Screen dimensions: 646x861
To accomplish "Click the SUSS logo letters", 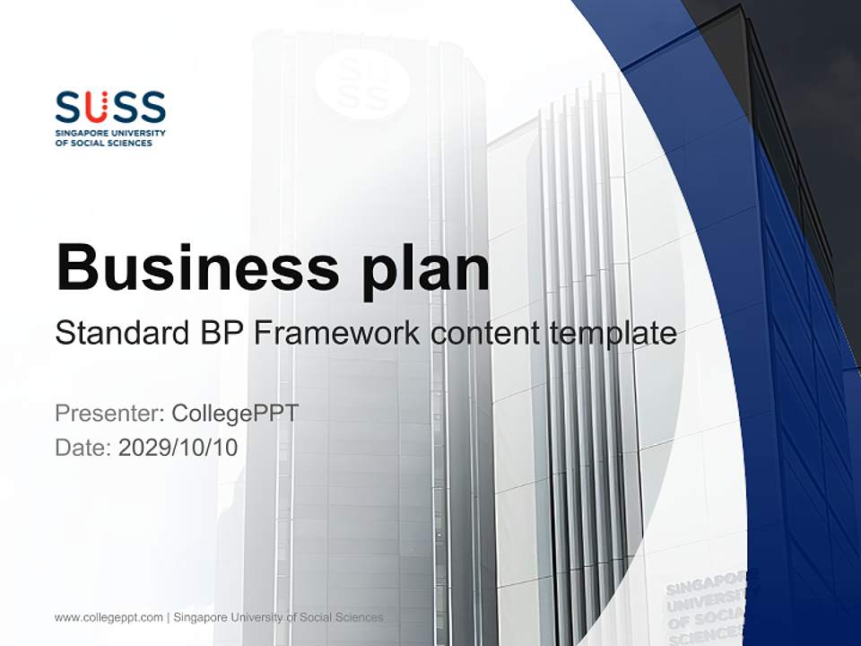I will pos(110,107).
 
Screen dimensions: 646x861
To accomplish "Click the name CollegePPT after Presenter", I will pos(234,414).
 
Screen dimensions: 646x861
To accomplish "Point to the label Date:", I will pos(83,448).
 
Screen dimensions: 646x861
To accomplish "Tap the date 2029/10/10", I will pos(178,448).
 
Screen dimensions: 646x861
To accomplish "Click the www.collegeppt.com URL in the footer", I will pos(109,617).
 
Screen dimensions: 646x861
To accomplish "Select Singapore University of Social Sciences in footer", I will pos(278,617).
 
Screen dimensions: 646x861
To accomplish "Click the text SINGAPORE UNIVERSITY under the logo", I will pos(110,133).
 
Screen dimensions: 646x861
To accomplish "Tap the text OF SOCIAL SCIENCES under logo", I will pos(104,143).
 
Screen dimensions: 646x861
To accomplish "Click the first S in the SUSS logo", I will pos(68,107).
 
